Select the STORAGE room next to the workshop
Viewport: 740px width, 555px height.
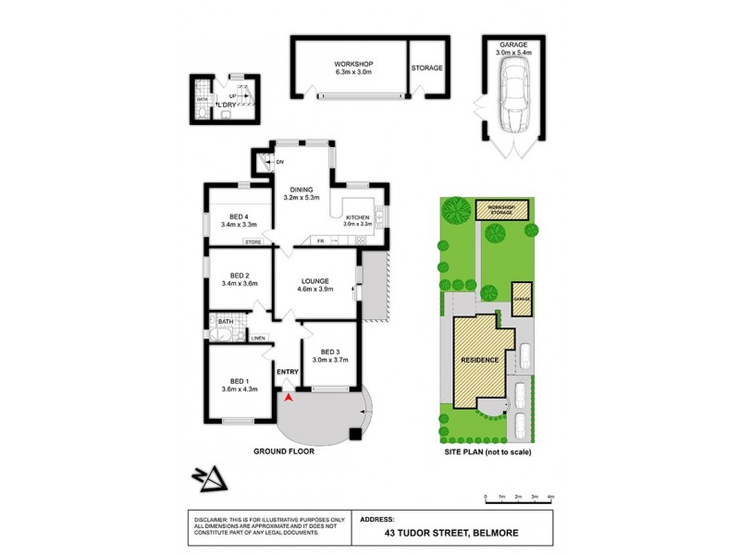(427, 68)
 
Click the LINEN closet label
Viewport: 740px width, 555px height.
(258, 338)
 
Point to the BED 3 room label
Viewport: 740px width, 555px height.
(331, 352)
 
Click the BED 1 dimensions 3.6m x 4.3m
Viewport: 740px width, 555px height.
(239, 388)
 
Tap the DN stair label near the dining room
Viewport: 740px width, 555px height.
(279, 162)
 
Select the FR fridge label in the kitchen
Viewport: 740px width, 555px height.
(321, 241)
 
